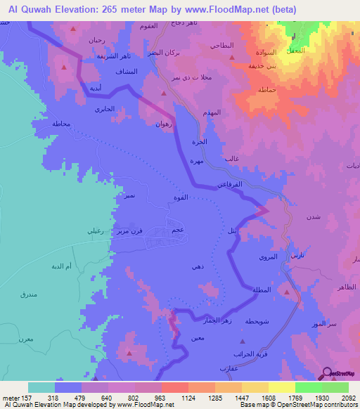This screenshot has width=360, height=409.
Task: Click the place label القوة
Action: pos(181,199)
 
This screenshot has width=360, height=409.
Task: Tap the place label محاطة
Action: pos(61,124)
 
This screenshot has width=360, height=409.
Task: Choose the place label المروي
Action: pos(268,258)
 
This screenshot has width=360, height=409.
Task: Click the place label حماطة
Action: pos(266,91)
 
